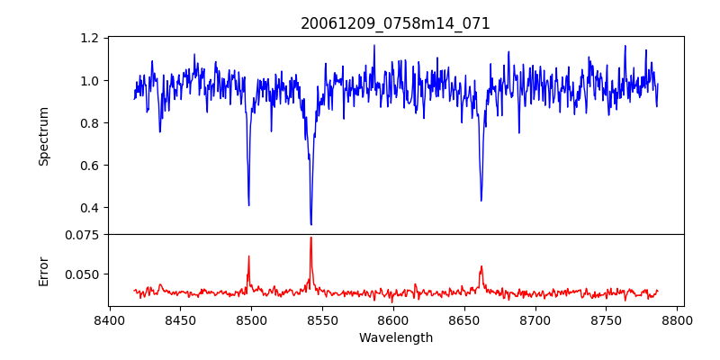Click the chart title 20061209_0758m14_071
tap(395, 23)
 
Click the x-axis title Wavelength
tap(395, 338)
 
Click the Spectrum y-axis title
tap(43, 136)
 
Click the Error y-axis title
tap(43, 271)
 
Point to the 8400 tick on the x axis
tap(109, 319)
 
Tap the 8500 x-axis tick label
tap(251, 319)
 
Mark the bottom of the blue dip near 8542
tap(310, 224)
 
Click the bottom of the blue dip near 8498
tap(248, 205)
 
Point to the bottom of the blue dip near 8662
tap(481, 201)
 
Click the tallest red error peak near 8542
tap(310, 238)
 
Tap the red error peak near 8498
tap(248, 256)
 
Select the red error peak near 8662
tap(481, 265)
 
